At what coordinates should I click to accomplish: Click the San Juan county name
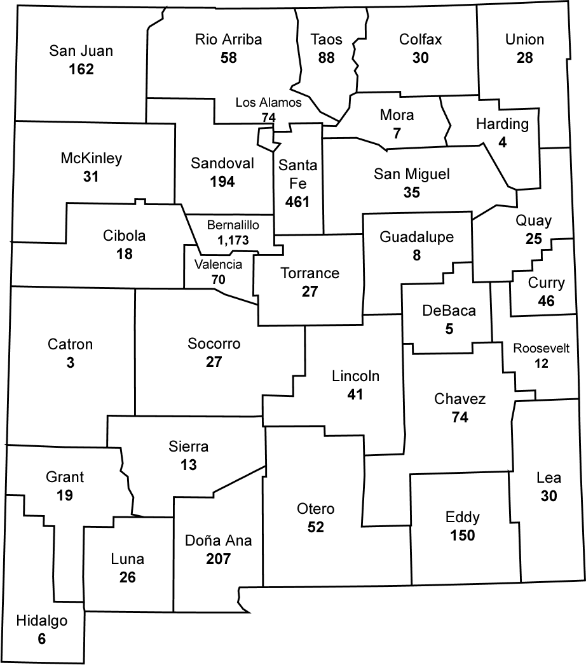click(x=81, y=51)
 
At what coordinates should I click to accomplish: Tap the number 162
click(x=81, y=69)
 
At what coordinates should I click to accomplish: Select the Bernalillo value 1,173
click(x=233, y=241)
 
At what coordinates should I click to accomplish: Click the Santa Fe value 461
click(x=297, y=203)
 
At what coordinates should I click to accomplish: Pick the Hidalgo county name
click(x=41, y=621)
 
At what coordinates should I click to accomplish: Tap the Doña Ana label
click(x=218, y=541)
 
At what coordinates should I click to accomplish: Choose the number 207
click(x=218, y=560)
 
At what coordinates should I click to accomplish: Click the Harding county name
click(x=502, y=124)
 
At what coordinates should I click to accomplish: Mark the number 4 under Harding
click(x=503, y=142)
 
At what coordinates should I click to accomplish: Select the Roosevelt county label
click(x=541, y=348)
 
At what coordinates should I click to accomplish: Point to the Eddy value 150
click(x=462, y=535)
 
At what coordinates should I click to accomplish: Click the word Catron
click(x=70, y=344)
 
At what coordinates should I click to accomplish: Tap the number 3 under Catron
click(x=70, y=363)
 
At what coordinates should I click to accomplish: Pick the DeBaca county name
click(x=449, y=311)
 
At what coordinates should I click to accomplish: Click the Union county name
click(x=524, y=39)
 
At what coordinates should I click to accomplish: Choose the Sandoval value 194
click(x=222, y=182)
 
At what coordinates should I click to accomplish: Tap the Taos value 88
click(x=327, y=58)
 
